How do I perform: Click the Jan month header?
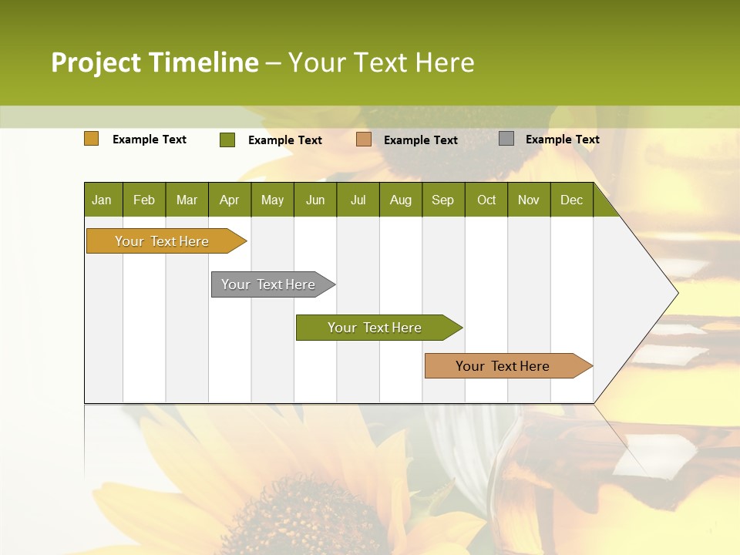103,200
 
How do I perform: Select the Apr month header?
230,200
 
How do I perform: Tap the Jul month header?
358,200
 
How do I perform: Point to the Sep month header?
443,200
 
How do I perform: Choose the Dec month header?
571,200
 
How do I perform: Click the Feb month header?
144,200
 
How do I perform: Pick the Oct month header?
486,200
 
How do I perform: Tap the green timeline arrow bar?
375,328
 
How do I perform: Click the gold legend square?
92,139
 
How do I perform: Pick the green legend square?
227,140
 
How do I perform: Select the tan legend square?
364,140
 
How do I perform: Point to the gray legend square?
506,139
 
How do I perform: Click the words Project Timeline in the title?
155,62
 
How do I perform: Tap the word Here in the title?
445,62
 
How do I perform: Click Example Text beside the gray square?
562,140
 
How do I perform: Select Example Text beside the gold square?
150,140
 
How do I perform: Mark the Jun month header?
315,200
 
